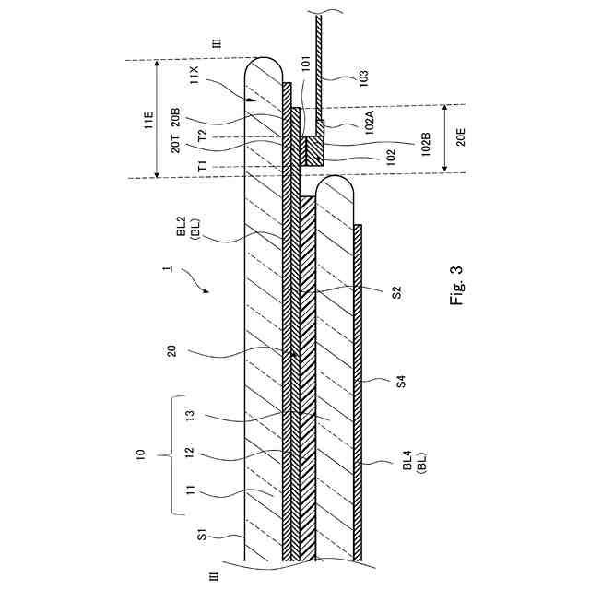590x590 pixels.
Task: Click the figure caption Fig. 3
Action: tap(458, 287)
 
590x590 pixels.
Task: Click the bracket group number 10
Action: tap(139, 454)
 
